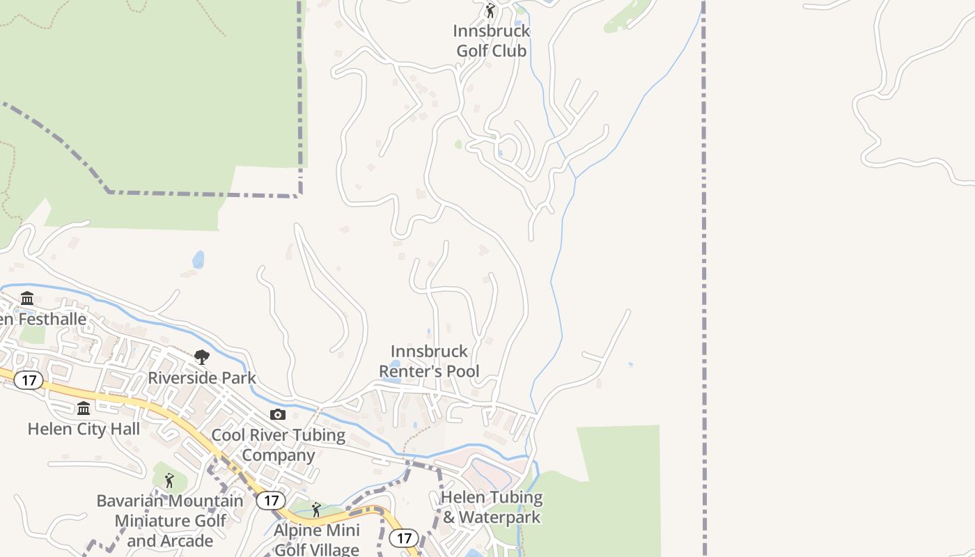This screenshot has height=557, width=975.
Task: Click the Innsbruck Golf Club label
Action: [492, 41]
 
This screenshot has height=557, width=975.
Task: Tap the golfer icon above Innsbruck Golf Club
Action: [490, 11]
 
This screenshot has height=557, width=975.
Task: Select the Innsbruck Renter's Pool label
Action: [429, 361]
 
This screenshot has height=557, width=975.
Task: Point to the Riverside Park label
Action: [202, 378]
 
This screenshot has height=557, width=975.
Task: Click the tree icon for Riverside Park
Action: [202, 358]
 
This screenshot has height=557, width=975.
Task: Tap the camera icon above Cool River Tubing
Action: [278, 415]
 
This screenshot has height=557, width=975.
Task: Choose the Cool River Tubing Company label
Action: [278, 446]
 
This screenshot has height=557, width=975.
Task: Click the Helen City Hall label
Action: [84, 429]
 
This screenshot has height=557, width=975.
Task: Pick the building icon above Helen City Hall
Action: [84, 408]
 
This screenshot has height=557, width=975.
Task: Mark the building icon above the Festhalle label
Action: [27, 299]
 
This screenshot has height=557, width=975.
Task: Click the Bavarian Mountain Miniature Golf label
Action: [170, 521]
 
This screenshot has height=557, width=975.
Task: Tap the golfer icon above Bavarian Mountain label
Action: [169, 480]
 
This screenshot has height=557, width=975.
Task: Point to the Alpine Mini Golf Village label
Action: [317, 540]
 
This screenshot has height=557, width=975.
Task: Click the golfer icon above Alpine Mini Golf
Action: [316, 510]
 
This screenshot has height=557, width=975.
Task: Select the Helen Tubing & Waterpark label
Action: [492, 508]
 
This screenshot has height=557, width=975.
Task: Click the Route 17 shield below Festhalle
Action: [29, 380]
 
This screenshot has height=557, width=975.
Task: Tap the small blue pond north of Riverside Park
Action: [198, 260]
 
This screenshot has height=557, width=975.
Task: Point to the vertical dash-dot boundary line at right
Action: [703, 278]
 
